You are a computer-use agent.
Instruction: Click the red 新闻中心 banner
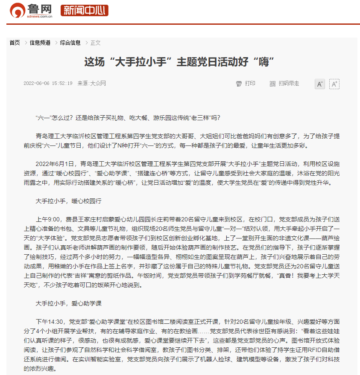click(x=84, y=11)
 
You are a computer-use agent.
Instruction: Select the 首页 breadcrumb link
click(x=15, y=43)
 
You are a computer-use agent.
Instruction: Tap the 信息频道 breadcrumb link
click(x=40, y=43)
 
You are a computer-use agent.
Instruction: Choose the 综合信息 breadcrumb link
click(x=70, y=43)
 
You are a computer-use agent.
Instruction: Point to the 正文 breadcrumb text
click(x=96, y=43)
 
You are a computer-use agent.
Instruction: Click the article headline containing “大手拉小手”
click(x=179, y=62)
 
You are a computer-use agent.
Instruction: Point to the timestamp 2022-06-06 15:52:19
click(x=48, y=84)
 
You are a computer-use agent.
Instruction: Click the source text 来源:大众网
click(x=91, y=84)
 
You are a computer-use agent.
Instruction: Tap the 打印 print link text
click(x=250, y=84)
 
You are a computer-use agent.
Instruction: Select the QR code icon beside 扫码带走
click(x=272, y=84)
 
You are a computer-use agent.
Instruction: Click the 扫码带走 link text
click(x=289, y=84)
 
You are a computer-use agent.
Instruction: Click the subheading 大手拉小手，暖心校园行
click(x=68, y=201)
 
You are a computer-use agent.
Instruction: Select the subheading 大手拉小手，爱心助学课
click(x=68, y=303)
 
